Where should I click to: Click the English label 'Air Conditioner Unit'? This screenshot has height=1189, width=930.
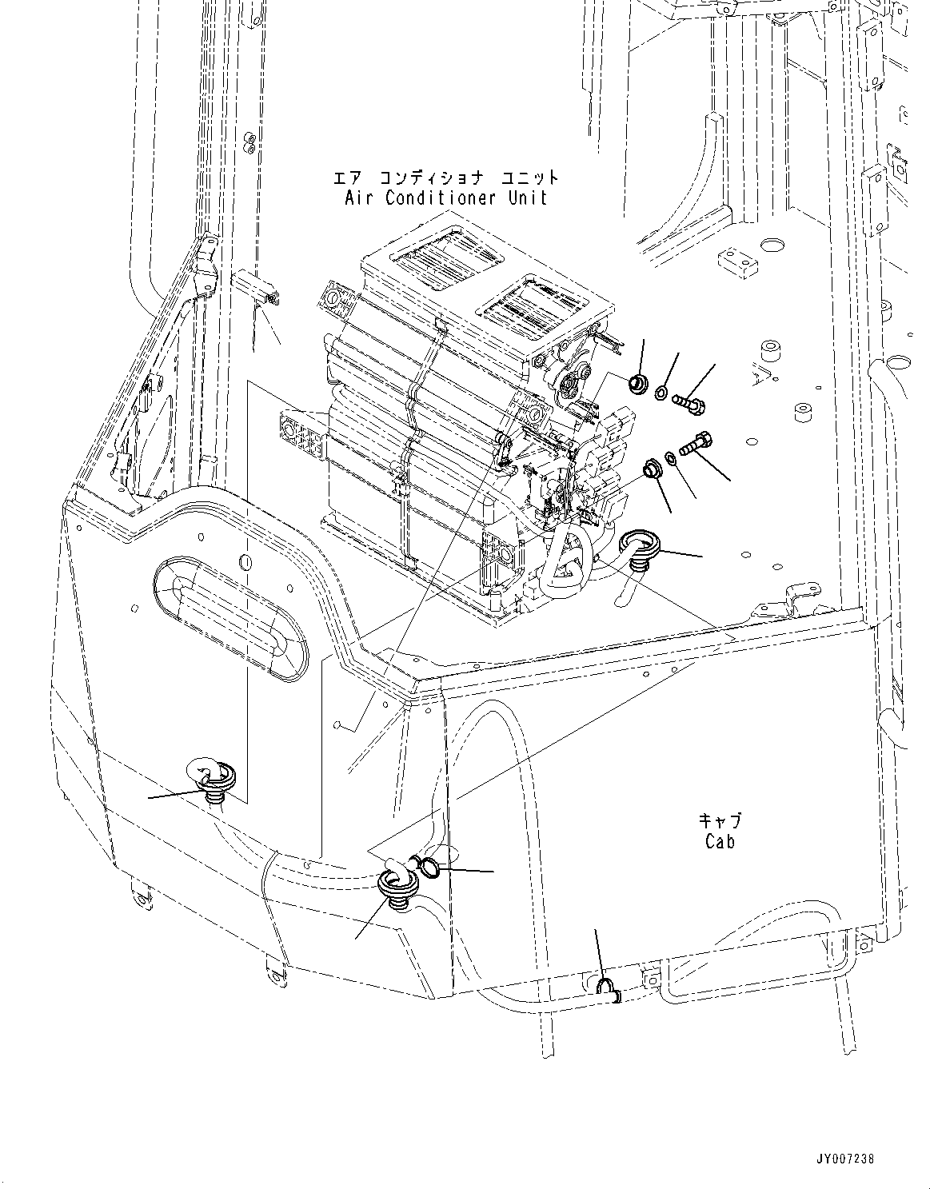tap(446, 198)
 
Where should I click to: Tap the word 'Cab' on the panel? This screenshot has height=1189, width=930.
tap(720, 841)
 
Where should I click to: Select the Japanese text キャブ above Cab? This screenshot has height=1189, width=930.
tap(720, 820)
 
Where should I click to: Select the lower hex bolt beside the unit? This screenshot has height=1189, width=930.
tap(697, 442)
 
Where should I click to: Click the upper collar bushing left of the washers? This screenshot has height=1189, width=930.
tap(639, 383)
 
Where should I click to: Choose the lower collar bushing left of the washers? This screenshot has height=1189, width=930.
tap(652, 468)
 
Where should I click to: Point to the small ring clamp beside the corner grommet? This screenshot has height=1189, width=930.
tap(428, 867)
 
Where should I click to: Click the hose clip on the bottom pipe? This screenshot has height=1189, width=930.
tap(607, 989)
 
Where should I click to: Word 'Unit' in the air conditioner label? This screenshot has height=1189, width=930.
tap(526, 198)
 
